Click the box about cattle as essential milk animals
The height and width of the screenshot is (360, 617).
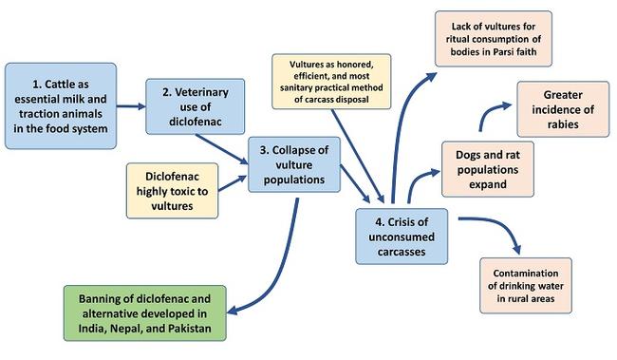point(61,105)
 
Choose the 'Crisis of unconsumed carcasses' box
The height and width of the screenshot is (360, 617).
point(402,233)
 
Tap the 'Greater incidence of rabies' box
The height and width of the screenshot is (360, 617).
point(562,108)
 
